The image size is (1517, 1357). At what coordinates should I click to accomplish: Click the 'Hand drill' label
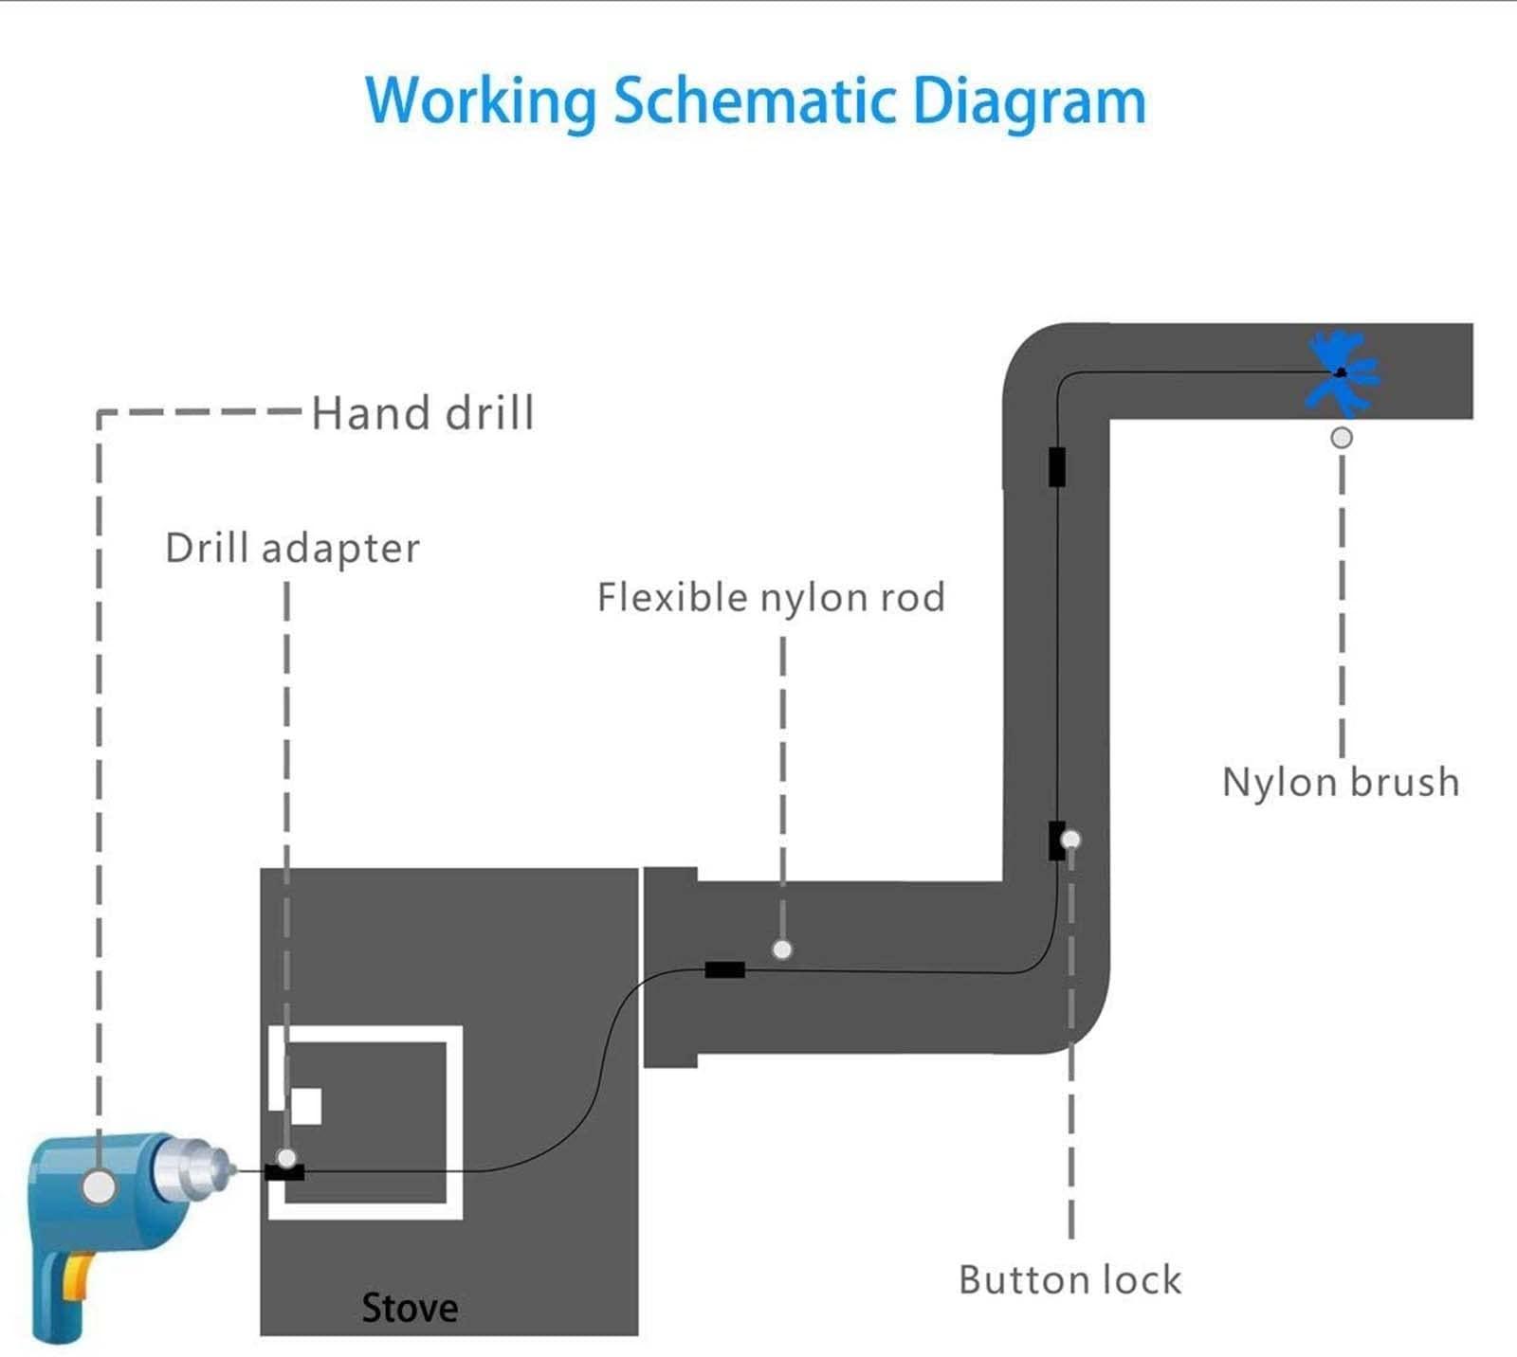click(x=423, y=413)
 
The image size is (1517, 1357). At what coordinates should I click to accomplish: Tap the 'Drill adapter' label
click(x=292, y=549)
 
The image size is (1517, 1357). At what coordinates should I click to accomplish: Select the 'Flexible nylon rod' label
click(x=771, y=598)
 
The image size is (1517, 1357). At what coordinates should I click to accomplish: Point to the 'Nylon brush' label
click(x=1340, y=783)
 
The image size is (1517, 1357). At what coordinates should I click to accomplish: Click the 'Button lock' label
click(x=1069, y=1280)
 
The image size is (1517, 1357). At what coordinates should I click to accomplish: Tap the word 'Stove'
click(x=410, y=1309)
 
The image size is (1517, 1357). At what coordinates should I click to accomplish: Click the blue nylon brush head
click(x=1341, y=372)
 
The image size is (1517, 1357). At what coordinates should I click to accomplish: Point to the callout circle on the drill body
click(x=99, y=1186)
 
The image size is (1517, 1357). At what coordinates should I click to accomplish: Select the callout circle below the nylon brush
click(x=1342, y=438)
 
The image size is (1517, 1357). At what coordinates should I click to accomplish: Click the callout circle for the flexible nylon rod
click(x=782, y=950)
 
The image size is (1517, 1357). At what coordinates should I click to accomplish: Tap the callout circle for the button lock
click(x=1071, y=840)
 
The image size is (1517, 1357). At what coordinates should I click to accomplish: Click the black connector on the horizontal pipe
click(x=724, y=969)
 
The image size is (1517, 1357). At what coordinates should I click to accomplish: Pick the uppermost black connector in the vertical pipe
click(x=1057, y=466)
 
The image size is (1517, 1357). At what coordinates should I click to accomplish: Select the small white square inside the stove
click(x=306, y=1106)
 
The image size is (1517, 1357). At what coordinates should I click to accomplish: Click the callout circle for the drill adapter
click(x=286, y=1157)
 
